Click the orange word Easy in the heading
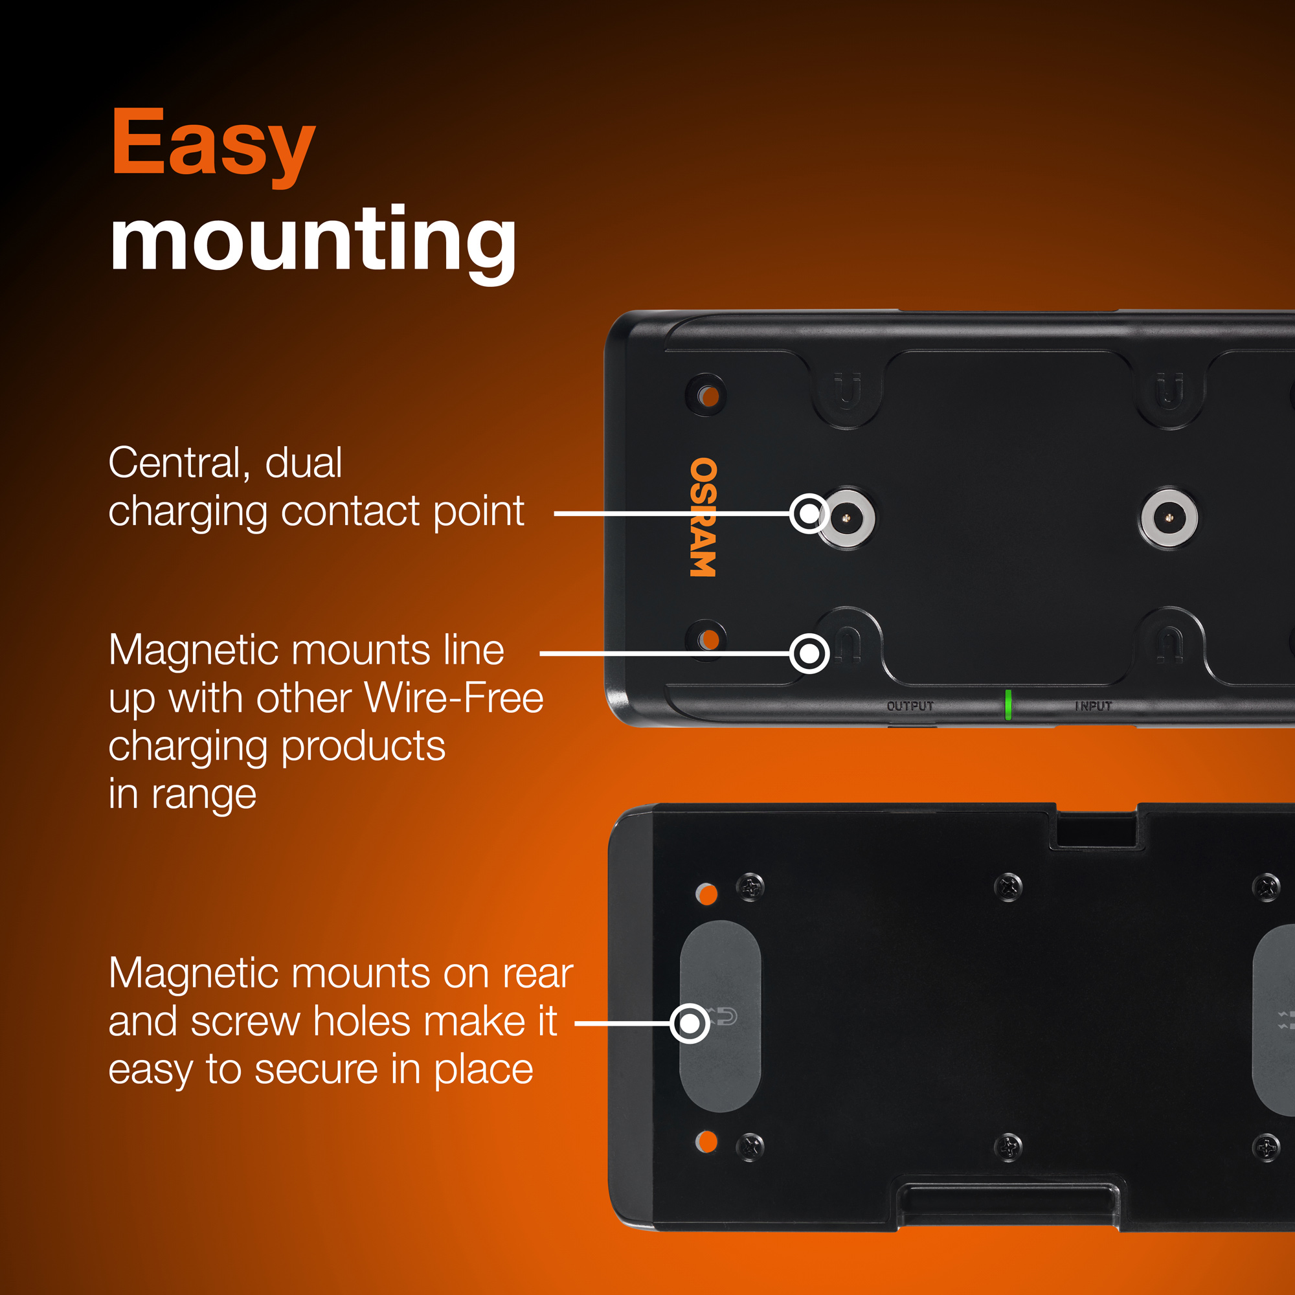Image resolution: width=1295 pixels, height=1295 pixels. (213, 147)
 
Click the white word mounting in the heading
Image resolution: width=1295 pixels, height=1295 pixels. (313, 243)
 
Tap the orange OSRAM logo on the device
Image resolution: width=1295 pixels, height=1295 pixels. (703, 517)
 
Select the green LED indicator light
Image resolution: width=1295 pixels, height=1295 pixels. (1008, 704)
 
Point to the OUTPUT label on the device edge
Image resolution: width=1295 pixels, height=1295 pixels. (910, 706)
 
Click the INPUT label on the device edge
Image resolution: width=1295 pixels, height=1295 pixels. (1093, 706)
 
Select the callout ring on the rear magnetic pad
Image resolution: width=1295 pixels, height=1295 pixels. (690, 1024)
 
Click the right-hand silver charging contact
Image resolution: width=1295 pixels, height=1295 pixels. (1169, 517)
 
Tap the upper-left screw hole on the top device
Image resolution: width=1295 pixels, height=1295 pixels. (706, 396)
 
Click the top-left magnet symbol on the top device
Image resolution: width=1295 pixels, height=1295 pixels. (847, 392)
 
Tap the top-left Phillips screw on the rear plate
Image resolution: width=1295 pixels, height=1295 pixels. (750, 887)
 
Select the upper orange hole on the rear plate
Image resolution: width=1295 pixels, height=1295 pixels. (706, 894)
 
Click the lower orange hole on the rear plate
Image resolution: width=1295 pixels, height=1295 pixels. (706, 1142)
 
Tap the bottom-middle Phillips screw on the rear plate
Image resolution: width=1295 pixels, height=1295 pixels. (1008, 1147)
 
